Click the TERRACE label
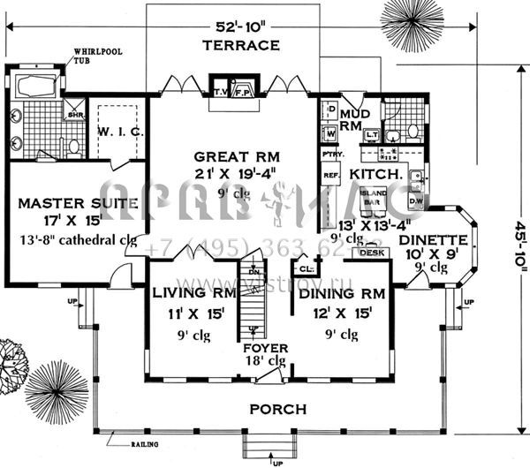click(x=240, y=44)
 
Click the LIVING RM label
click(x=192, y=293)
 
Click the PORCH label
click(x=277, y=410)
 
